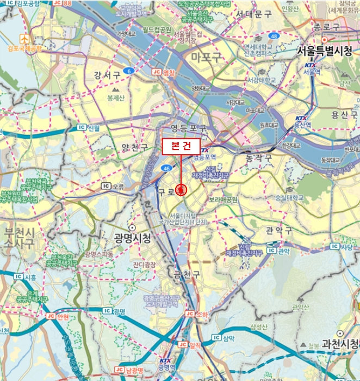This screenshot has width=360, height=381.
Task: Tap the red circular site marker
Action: tap(181, 190)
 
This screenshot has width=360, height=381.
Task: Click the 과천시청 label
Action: tap(341, 344)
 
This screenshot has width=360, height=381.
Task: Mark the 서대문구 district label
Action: tap(253, 14)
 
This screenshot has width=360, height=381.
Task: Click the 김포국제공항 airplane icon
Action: tap(24, 39)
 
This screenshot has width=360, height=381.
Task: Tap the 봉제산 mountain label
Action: tap(116, 98)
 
